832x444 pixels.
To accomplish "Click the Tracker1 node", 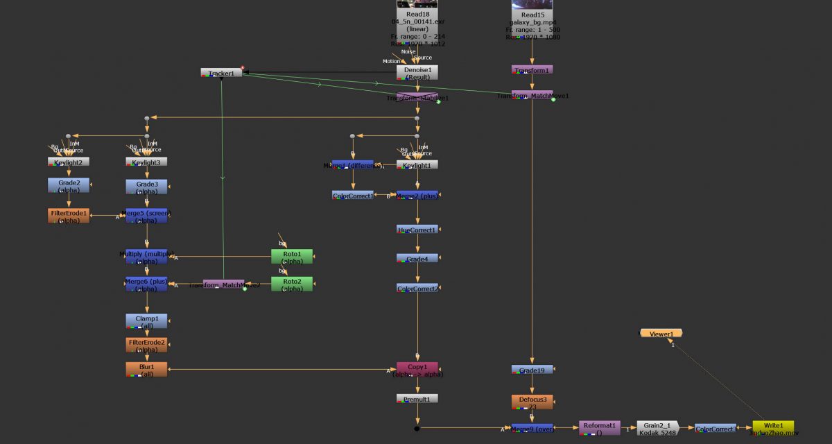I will click(221, 73).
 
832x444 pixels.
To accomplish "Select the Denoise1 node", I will click(417, 73).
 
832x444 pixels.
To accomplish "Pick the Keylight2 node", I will click(69, 162).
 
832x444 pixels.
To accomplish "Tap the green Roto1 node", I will click(291, 257).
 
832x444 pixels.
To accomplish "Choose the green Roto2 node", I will click(291, 284).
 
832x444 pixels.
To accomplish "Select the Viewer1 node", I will click(661, 334).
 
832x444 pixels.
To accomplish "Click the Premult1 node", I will click(417, 399).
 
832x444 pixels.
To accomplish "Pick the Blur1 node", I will click(146, 369).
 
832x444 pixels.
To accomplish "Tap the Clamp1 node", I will click(146, 321).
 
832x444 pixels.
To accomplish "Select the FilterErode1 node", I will click(69, 216).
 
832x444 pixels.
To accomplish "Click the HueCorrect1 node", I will click(417, 230).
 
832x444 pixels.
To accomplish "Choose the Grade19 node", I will click(532, 370).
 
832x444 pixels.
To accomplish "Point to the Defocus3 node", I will click(532, 402).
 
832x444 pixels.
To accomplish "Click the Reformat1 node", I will click(600, 428).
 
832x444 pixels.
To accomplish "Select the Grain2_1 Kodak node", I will click(657, 428).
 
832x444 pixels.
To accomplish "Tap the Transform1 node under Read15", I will click(532, 70).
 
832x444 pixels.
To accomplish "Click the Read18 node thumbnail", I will click(417, 3).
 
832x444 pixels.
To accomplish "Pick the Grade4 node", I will click(417, 258).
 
